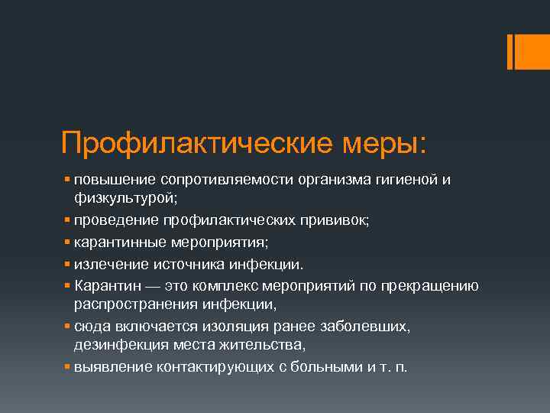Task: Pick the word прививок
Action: [x=332, y=221]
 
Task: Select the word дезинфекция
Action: [x=117, y=345]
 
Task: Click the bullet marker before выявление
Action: [x=68, y=366]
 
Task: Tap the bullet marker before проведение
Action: [x=68, y=221]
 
